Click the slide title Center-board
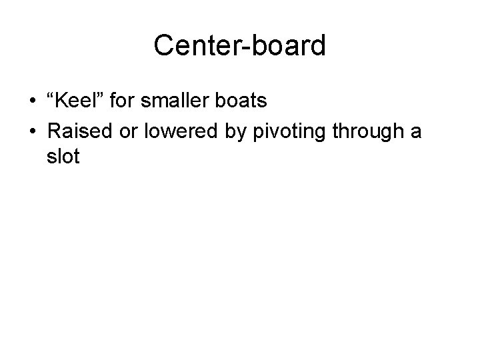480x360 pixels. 239,46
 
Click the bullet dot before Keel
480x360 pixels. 32,103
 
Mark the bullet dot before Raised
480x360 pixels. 32,132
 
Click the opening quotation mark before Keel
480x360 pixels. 52,97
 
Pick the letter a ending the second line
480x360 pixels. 416,133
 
